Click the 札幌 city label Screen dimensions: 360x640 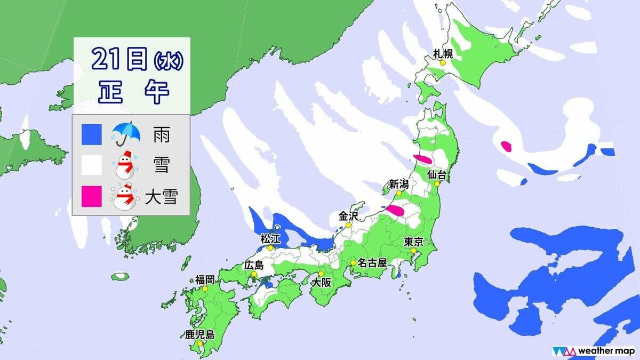tap(442, 53)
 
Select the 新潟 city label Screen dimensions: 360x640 tap(398, 184)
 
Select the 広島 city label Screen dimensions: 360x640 tap(253, 265)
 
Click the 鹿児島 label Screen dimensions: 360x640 tap(199, 334)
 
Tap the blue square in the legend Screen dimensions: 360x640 tap(92, 135)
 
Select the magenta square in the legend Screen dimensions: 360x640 tap(92, 196)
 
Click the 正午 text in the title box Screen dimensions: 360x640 tap(133, 91)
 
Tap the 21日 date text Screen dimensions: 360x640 tap(118, 59)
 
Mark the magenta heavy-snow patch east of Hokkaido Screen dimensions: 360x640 tap(506, 146)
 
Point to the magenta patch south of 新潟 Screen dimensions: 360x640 tap(395, 211)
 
